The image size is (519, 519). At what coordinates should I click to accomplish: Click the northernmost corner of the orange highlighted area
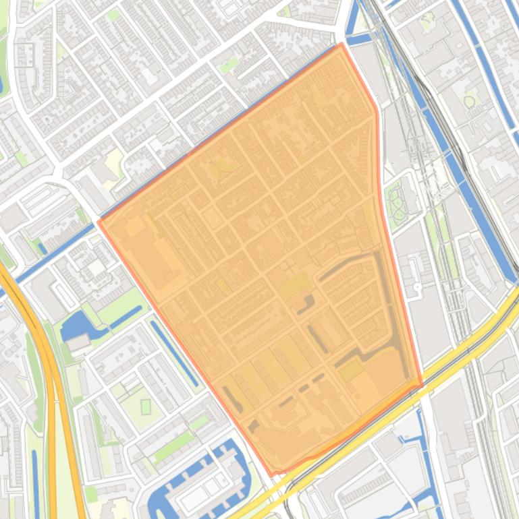[x=342, y=44]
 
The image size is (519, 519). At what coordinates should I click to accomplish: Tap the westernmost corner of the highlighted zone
[x=99, y=221]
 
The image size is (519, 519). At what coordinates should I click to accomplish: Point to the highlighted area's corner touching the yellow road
[x=422, y=386]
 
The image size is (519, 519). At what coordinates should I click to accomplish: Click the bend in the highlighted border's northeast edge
[x=377, y=108]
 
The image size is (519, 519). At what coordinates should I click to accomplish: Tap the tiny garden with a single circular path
[x=469, y=101]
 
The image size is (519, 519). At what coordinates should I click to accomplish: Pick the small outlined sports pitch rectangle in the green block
[x=146, y=407]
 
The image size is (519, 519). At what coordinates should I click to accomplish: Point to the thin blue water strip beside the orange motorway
[x=35, y=472]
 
